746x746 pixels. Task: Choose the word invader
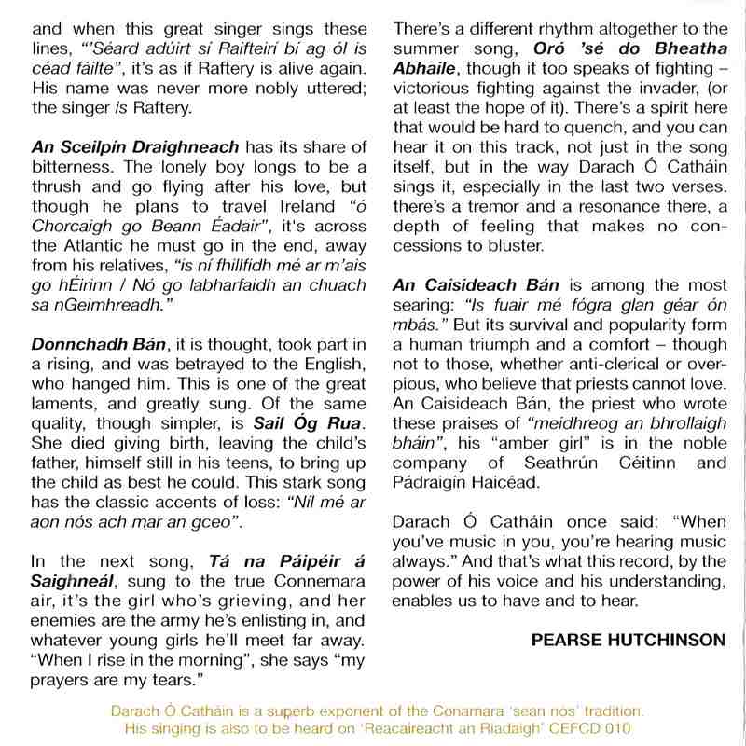point(640,90)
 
